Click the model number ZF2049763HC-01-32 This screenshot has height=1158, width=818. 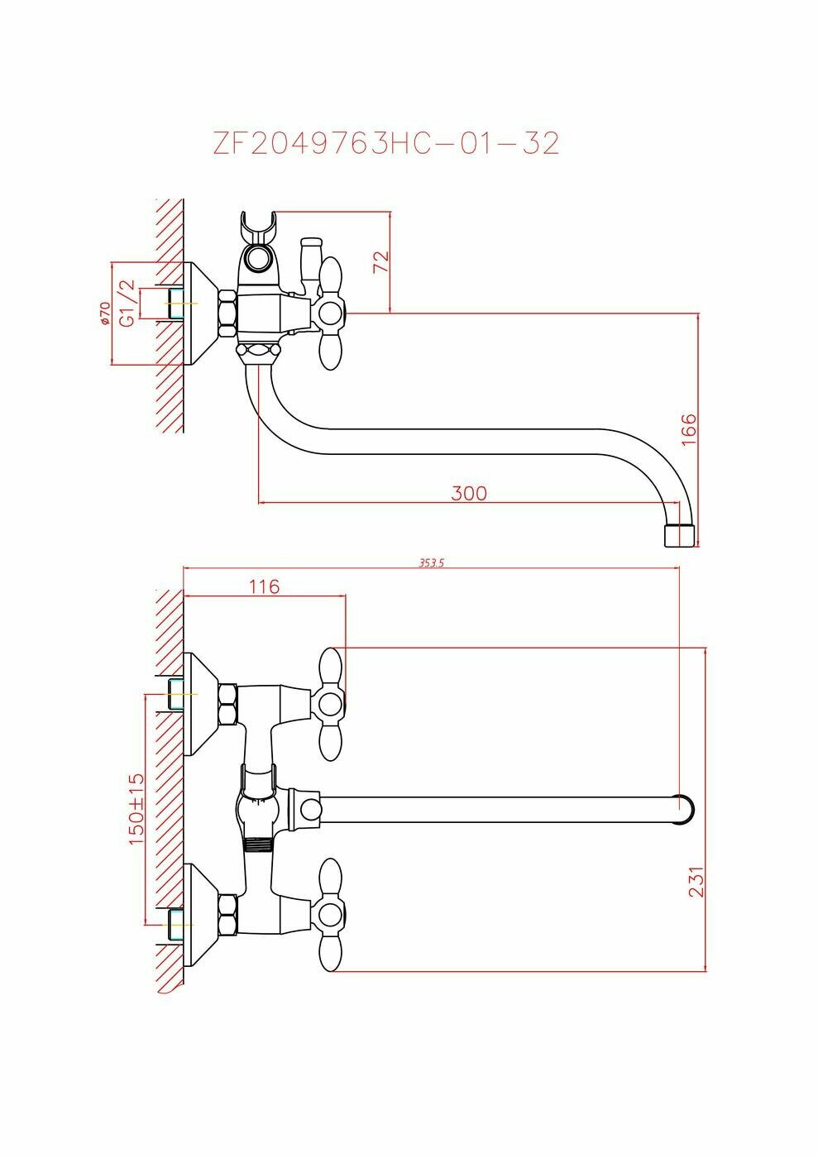(x=386, y=144)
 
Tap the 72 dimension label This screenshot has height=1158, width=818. (x=380, y=261)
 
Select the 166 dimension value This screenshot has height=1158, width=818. (x=690, y=430)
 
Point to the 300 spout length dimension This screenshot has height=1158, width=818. (x=469, y=493)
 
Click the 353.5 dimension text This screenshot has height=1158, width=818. (x=432, y=562)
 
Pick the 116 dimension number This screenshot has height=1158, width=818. (x=264, y=586)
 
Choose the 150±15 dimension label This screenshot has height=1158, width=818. (x=136, y=809)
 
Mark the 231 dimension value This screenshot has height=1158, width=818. (x=696, y=882)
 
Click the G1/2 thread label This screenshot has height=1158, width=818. (x=127, y=303)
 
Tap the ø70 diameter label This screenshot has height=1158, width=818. (x=104, y=313)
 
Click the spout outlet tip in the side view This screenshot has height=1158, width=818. (x=681, y=534)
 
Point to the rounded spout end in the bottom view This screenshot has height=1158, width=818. (x=683, y=810)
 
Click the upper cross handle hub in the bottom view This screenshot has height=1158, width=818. (x=330, y=705)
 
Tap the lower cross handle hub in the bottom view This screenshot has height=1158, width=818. (x=330, y=915)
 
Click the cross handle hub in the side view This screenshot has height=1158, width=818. (x=330, y=313)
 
